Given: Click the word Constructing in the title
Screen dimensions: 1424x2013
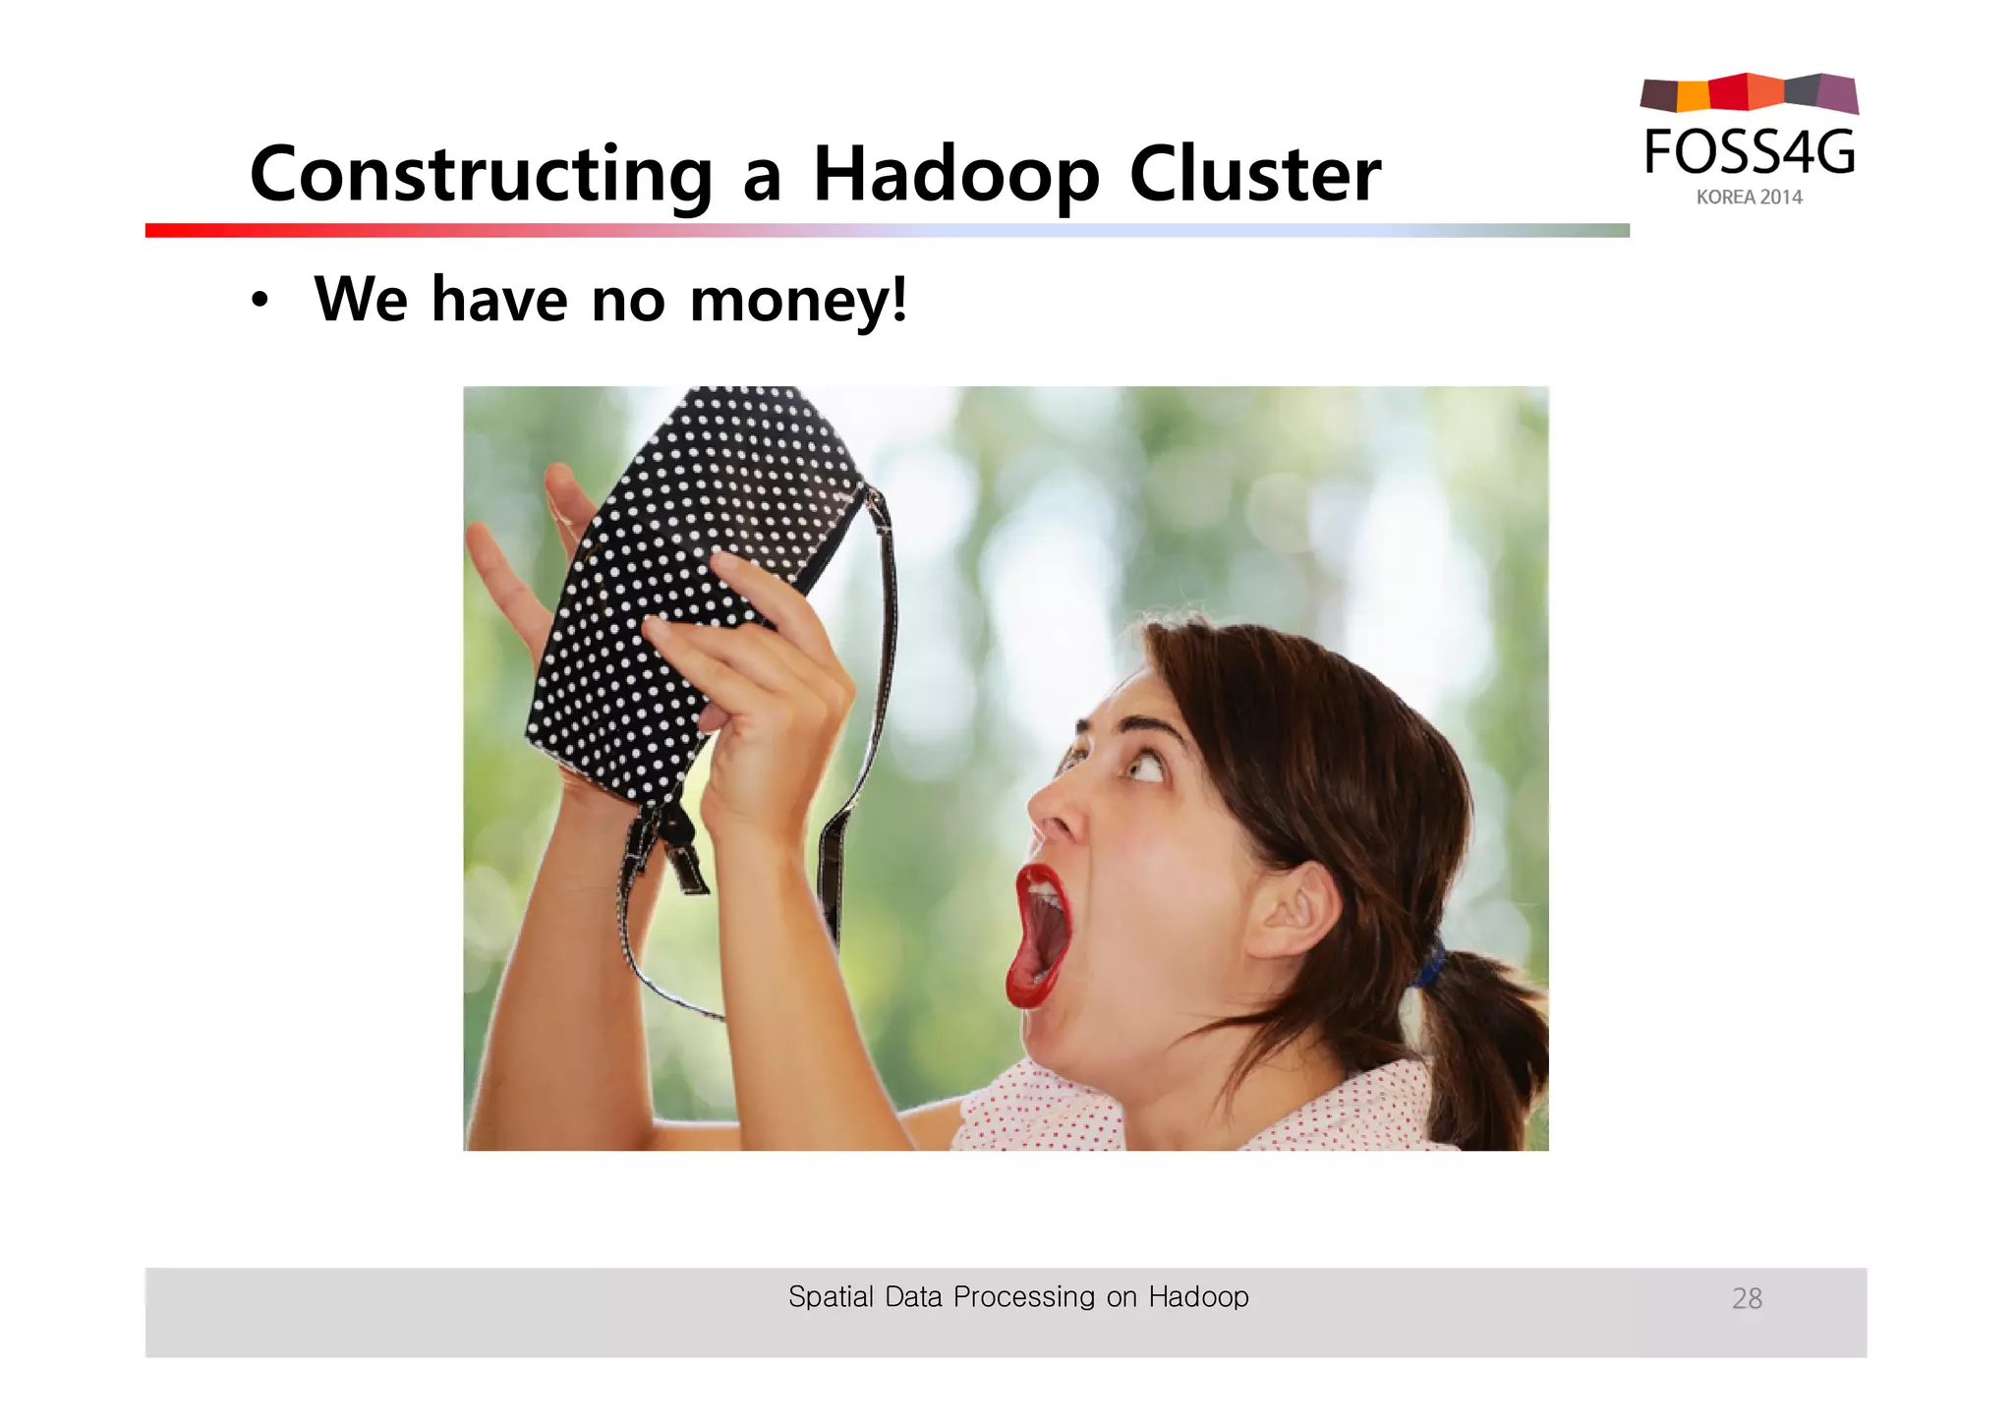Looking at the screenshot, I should pyautogui.click(x=481, y=175).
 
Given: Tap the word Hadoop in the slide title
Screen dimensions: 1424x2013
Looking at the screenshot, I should pyautogui.click(x=955, y=175).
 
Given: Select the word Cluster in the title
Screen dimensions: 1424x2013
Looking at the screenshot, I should pyautogui.click(x=1255, y=175).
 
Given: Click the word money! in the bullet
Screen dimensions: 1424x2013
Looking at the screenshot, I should pyautogui.click(x=798, y=299).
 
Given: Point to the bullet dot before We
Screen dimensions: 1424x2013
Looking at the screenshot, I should pyautogui.click(x=259, y=301).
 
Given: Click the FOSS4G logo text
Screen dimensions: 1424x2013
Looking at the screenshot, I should pyautogui.click(x=1750, y=152).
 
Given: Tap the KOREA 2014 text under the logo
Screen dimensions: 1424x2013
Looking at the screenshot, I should pyautogui.click(x=1749, y=198).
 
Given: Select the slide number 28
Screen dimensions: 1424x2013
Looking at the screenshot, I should pyautogui.click(x=1747, y=1299).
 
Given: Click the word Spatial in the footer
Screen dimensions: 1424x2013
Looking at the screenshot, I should pyautogui.click(x=831, y=1297).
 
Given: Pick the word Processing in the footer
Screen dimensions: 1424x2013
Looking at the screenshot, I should pyautogui.click(x=1023, y=1298).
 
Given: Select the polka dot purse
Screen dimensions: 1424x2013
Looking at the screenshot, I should pyautogui.click(x=688, y=580).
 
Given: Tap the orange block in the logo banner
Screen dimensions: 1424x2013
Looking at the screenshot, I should pyautogui.click(x=1693, y=95).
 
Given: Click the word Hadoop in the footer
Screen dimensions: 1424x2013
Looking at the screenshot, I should pyautogui.click(x=1198, y=1297).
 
